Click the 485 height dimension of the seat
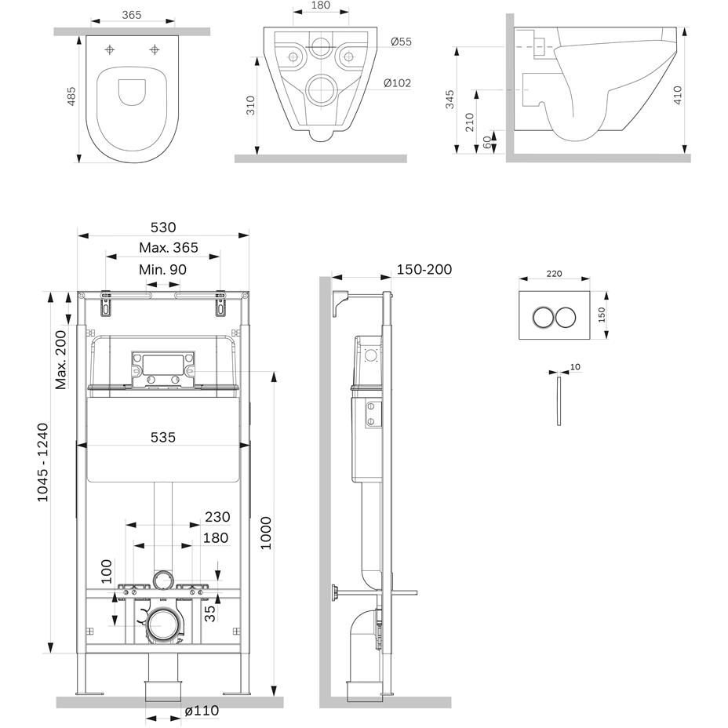click(71, 97)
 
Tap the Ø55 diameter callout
click(400, 42)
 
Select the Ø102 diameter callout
click(398, 83)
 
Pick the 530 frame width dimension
click(163, 227)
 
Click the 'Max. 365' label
click(169, 248)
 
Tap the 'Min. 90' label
click(163, 269)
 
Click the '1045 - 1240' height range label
click(42, 462)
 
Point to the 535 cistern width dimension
click(163, 437)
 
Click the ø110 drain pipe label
click(202, 711)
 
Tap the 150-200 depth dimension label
click(424, 269)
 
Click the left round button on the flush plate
click(541, 317)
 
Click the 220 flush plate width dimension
click(554, 274)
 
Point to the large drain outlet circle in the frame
click(163, 625)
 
